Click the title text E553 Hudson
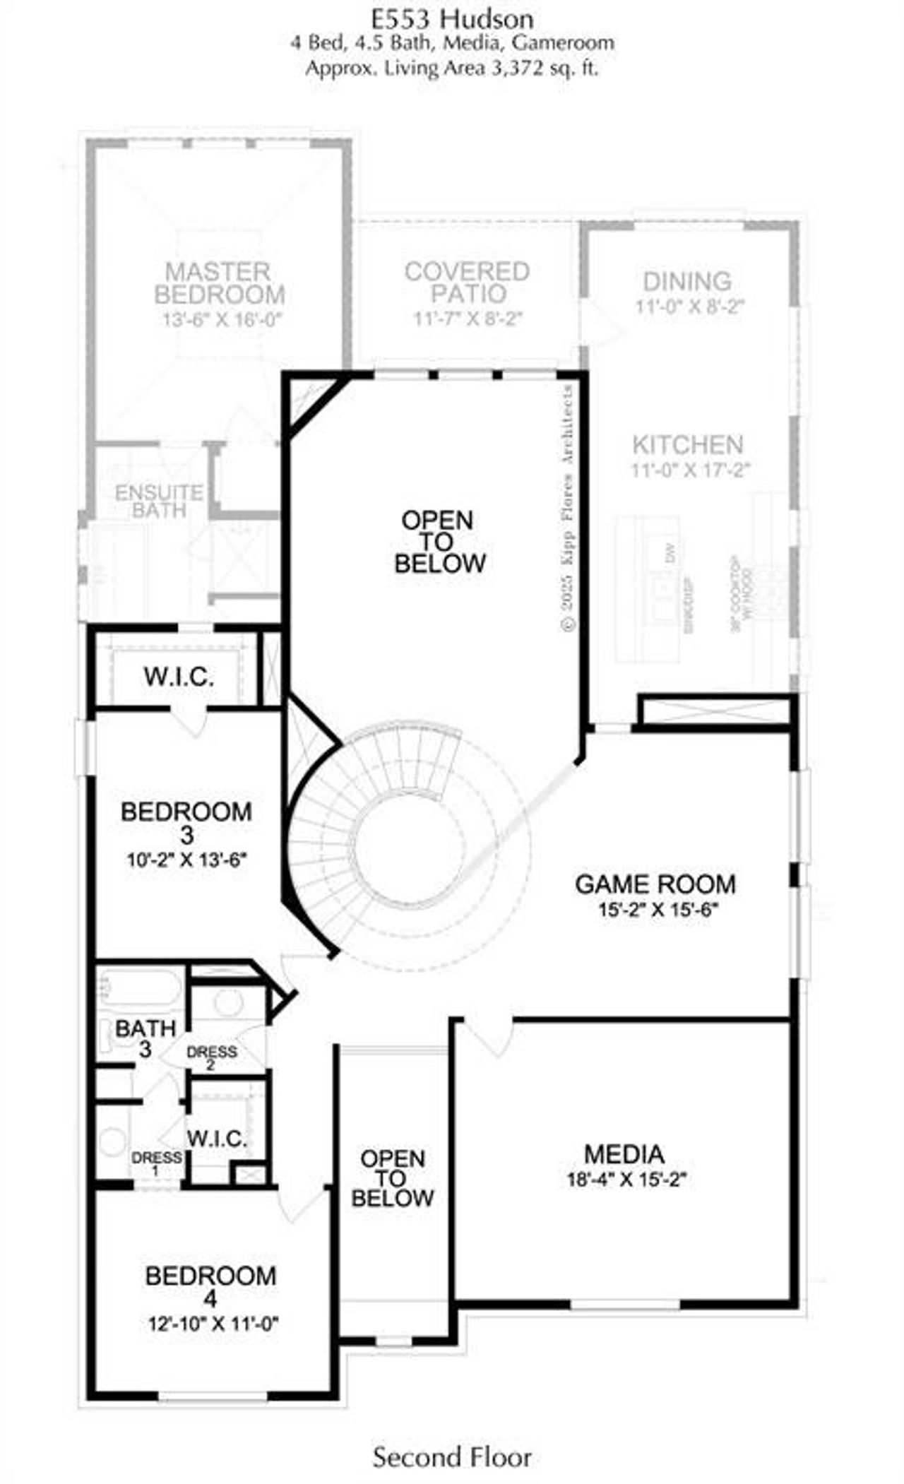(x=452, y=18)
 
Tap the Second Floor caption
(x=452, y=1456)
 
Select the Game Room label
(x=655, y=884)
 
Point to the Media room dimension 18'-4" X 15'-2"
(x=626, y=1179)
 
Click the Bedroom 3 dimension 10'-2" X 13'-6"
(x=186, y=860)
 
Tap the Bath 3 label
(x=145, y=1038)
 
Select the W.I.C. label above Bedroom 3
(x=179, y=677)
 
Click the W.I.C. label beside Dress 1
(x=217, y=1138)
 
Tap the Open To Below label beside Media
(x=393, y=1177)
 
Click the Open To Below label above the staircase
(x=439, y=542)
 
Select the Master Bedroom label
(x=220, y=283)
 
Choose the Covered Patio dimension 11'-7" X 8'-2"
(x=468, y=319)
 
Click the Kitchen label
(x=687, y=445)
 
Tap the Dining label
(x=686, y=281)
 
